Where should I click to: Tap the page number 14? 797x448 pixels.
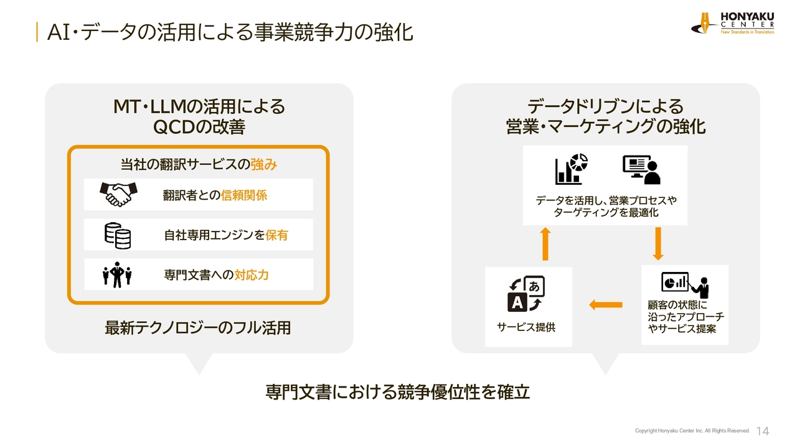point(763,431)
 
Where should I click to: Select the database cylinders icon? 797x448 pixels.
point(118,235)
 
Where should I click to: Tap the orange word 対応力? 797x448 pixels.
point(252,275)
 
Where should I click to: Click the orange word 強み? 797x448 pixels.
point(263,165)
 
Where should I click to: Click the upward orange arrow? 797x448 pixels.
point(545,244)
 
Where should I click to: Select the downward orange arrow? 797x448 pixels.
point(658,244)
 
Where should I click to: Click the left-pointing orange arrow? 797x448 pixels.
point(606,304)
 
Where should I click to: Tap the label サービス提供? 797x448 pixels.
point(526,327)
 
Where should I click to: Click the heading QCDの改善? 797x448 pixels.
point(199,127)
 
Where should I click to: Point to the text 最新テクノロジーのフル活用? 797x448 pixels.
point(198,327)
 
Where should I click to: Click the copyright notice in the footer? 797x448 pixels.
point(692,431)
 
